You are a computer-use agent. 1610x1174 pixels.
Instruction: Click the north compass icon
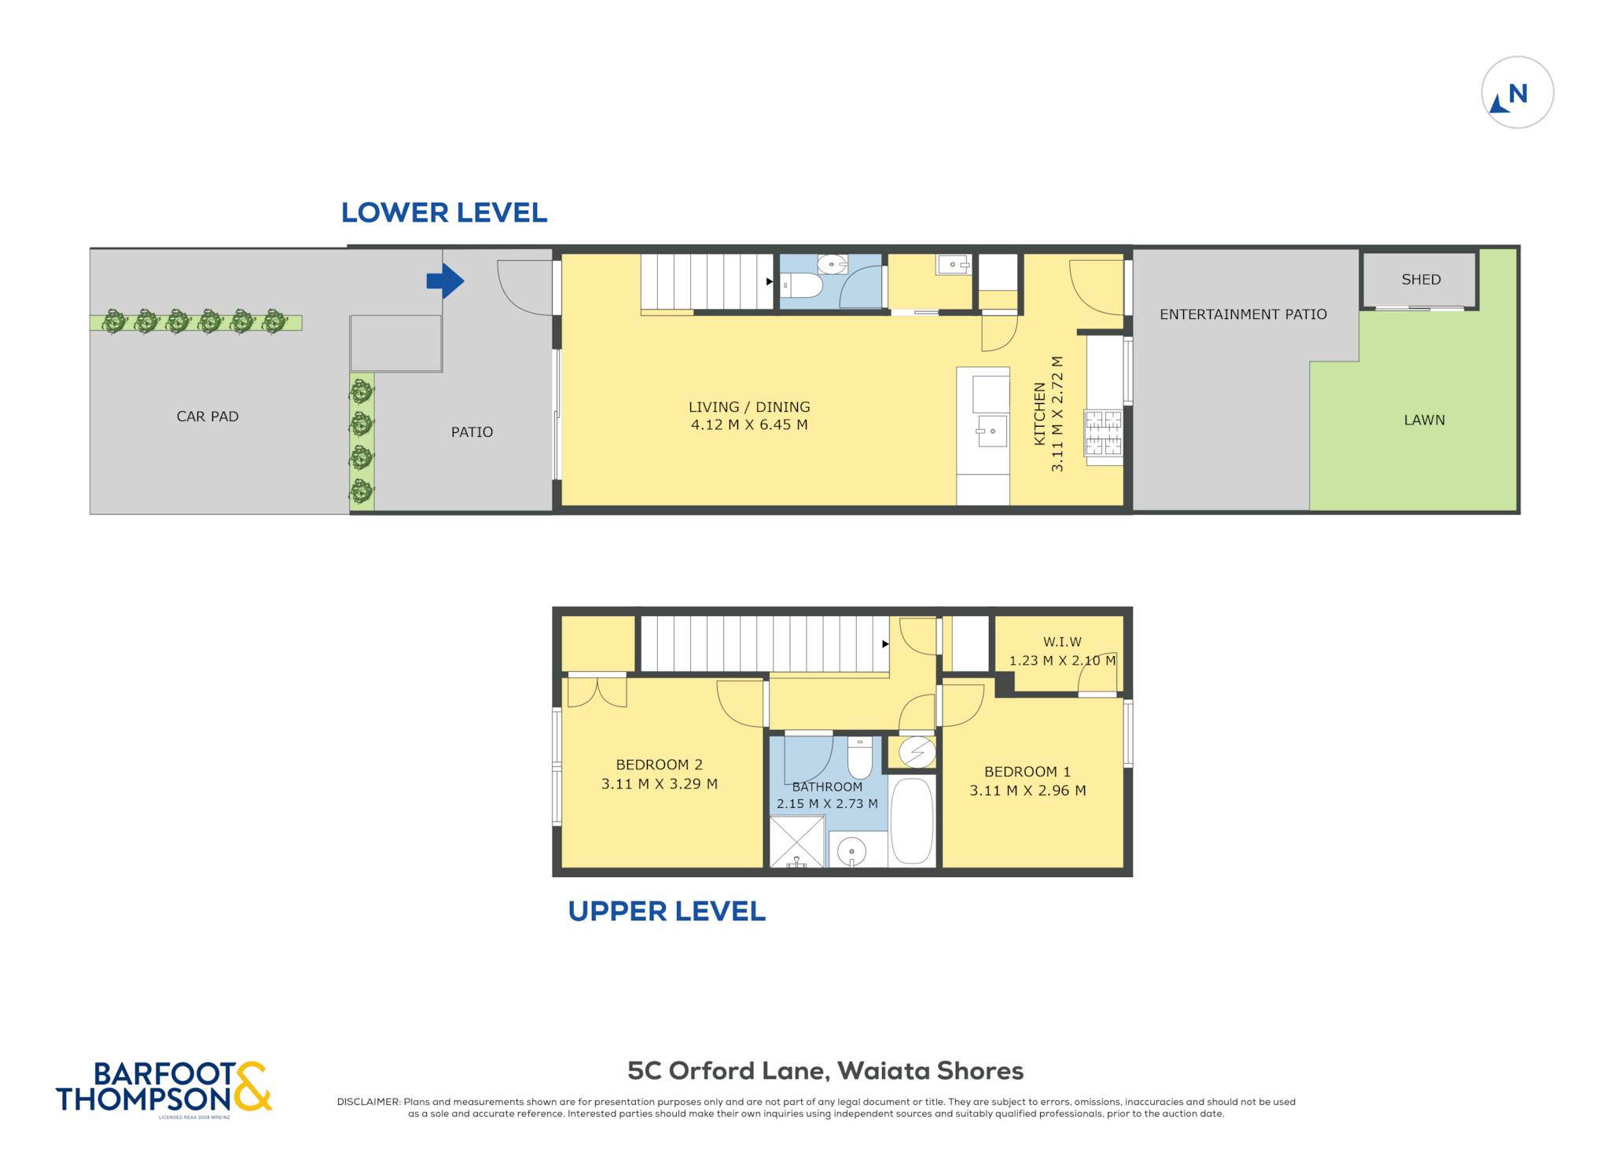tap(1516, 92)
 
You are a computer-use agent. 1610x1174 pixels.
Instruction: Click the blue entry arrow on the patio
tap(445, 281)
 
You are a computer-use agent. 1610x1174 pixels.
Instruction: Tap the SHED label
tap(1421, 279)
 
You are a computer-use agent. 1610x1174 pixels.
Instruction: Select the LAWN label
tap(1424, 420)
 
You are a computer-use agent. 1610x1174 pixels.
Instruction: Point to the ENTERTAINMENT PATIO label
tap(1243, 314)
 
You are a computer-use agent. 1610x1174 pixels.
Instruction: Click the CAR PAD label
tap(208, 416)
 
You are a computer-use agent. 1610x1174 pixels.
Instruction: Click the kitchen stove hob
tap(1104, 432)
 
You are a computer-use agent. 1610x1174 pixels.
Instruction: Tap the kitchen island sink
tap(992, 431)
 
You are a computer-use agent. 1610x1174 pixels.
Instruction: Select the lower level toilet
tap(802, 284)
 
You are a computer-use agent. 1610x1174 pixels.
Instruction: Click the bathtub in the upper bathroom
tap(912, 820)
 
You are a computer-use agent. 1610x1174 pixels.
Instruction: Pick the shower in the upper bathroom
tap(797, 842)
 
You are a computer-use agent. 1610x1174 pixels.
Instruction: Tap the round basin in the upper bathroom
tap(851, 851)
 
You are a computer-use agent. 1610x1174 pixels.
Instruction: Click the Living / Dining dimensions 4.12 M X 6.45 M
tap(749, 425)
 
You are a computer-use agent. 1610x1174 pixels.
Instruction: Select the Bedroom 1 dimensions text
tap(1027, 791)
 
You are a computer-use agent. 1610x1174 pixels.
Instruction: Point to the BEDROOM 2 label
tap(659, 765)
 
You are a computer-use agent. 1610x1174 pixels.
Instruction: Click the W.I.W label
tap(1062, 642)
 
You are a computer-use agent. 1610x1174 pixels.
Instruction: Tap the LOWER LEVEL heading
tap(444, 212)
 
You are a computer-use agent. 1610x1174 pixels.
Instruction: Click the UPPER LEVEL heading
tap(667, 911)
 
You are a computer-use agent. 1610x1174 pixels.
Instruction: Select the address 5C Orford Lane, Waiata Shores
tap(825, 1070)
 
